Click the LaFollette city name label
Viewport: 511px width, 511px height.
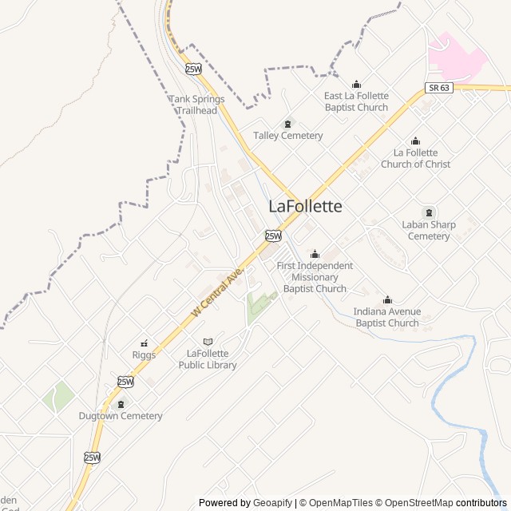tap(305, 206)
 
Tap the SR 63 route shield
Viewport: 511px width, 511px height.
tap(439, 87)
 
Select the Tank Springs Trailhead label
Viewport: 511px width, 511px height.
tap(196, 105)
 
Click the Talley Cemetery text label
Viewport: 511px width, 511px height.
tap(288, 136)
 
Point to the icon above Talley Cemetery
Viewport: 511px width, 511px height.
tap(287, 123)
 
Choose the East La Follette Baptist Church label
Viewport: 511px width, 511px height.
tap(356, 101)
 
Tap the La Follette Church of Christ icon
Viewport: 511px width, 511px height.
tap(415, 141)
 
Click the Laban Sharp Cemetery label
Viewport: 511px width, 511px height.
tap(430, 230)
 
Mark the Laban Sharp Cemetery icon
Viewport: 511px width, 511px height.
tap(430, 212)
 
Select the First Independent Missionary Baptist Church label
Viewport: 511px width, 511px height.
tap(315, 277)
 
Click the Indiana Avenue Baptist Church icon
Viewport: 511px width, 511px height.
tap(387, 300)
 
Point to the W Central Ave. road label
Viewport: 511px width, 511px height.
tap(216, 294)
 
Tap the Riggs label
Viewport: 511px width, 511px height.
tap(144, 355)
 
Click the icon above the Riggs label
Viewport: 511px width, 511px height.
tap(144, 343)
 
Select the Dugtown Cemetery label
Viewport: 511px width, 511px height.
tap(121, 416)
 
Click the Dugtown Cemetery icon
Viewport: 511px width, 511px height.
tap(121, 404)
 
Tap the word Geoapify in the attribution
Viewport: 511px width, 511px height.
tap(273, 503)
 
